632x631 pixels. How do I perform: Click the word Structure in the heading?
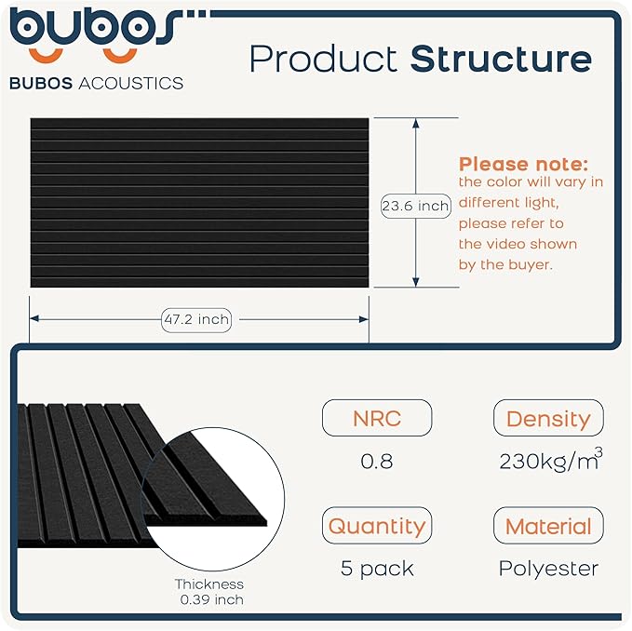pyautogui.click(x=501, y=59)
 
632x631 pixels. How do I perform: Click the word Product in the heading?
pyautogui.click(x=324, y=59)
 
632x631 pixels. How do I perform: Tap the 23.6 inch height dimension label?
pyautogui.click(x=415, y=206)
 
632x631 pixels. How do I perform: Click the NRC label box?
pyautogui.click(x=376, y=418)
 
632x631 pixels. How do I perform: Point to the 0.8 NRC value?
pyautogui.click(x=376, y=461)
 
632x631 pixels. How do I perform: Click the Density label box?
pyautogui.click(x=548, y=418)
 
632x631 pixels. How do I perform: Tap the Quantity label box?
pyautogui.click(x=376, y=526)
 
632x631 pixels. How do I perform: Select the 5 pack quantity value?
pyautogui.click(x=376, y=568)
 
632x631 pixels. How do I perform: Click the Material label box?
pyautogui.click(x=548, y=526)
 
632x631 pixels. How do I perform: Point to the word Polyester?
pyautogui.click(x=548, y=568)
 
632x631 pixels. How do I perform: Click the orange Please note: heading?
pyautogui.click(x=523, y=164)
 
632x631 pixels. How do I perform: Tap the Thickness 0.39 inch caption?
pyautogui.click(x=210, y=592)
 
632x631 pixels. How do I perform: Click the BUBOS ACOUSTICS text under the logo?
pyautogui.click(x=96, y=83)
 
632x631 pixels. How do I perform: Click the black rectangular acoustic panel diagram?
pyautogui.click(x=199, y=202)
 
